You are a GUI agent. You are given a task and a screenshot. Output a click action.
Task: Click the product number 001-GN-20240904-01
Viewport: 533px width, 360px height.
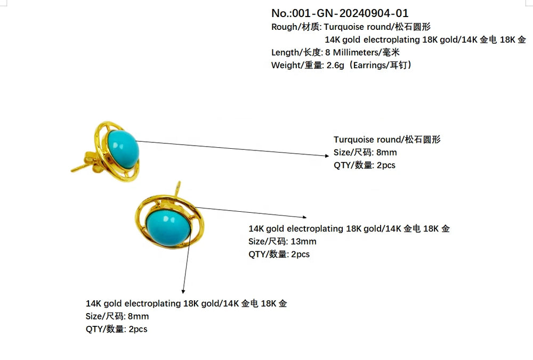pos(350,13)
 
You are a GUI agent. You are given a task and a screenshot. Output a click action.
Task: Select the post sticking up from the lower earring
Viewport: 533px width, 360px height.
pos(178,188)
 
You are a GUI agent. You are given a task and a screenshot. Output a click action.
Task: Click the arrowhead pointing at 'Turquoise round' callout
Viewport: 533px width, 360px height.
pos(327,156)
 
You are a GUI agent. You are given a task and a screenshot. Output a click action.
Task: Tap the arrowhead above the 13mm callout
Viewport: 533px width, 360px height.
pos(304,217)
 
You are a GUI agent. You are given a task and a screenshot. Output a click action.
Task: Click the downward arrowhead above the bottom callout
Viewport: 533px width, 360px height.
pos(183,291)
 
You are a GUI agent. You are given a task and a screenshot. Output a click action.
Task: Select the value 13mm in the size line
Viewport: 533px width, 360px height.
pos(303,242)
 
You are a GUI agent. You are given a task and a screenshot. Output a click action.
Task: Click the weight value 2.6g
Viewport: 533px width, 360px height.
pos(335,65)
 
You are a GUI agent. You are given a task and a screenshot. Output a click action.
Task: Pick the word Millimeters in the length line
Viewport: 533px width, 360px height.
pos(356,52)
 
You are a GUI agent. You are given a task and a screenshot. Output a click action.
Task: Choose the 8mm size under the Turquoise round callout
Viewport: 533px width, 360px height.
pos(386,153)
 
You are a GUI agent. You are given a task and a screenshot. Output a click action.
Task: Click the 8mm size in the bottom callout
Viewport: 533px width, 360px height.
pos(139,316)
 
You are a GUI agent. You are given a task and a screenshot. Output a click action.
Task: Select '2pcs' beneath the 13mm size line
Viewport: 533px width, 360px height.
pos(301,254)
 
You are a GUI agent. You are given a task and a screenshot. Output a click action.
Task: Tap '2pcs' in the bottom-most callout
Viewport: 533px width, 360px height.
pos(138,330)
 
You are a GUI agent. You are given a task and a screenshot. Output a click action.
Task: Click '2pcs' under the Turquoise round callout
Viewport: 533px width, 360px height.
pos(386,165)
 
